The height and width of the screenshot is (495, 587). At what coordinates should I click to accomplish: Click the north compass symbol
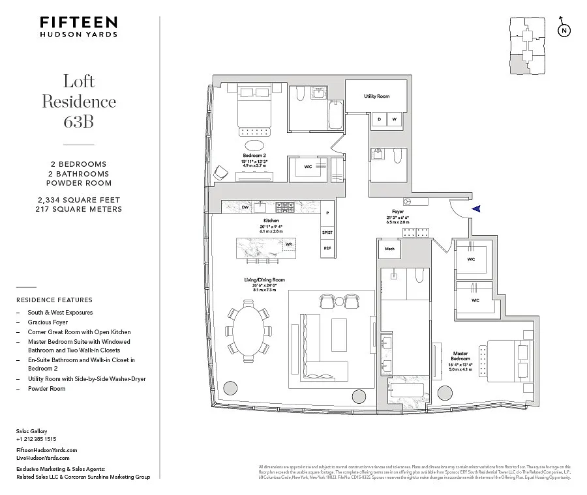[564, 30]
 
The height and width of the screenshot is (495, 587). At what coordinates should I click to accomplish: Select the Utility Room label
[376, 96]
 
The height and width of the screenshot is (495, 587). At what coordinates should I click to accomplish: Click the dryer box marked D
[379, 119]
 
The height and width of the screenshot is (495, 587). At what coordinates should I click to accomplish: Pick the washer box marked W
[395, 119]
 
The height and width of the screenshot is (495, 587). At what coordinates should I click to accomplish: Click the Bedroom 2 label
[254, 156]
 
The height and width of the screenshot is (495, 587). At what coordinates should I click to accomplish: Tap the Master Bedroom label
[460, 356]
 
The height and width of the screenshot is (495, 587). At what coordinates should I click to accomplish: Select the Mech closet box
[389, 248]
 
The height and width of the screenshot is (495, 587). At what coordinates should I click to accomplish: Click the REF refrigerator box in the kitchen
[327, 248]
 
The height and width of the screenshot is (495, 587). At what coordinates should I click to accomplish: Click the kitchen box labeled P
[327, 213]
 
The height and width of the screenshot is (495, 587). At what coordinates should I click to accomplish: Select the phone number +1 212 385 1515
[36, 439]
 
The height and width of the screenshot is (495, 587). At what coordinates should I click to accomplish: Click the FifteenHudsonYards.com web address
[47, 450]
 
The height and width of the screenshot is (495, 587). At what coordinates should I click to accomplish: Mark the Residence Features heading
[54, 300]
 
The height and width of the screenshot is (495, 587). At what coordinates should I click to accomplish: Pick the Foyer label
[398, 212]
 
